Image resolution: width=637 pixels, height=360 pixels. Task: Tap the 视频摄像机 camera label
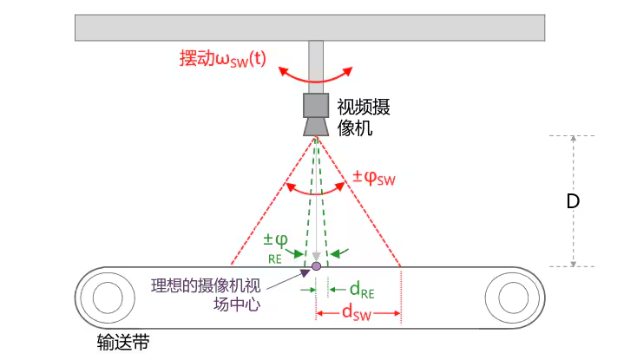362,118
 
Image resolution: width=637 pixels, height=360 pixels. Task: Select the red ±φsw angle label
373,179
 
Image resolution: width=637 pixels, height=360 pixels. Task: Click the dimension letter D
572,202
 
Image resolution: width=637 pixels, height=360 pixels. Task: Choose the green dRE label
362,288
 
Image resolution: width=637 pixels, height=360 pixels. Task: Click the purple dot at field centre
316,266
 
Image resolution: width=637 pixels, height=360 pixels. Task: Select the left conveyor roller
107,298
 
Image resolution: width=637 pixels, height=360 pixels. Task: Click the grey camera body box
315,104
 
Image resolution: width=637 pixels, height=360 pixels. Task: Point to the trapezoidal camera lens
315,127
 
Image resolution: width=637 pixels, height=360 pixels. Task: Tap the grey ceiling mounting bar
310,28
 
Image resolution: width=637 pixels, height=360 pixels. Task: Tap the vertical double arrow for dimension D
574,165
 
